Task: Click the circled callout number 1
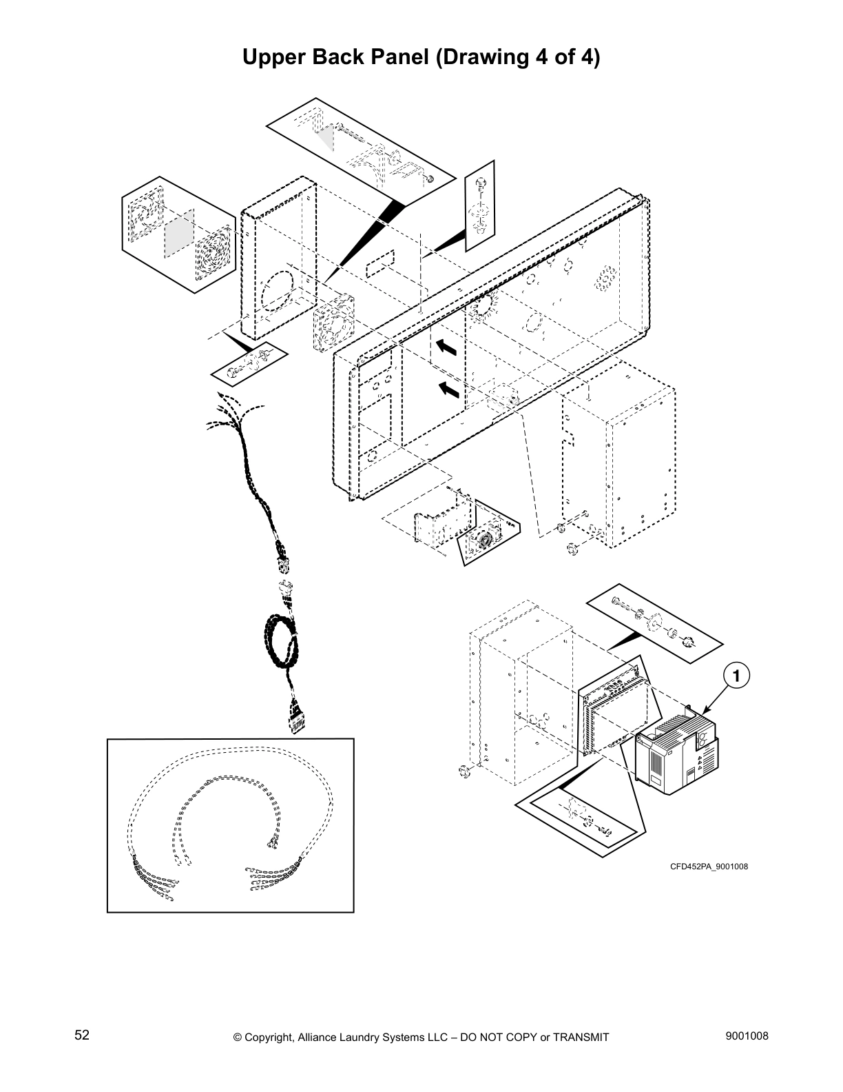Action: pos(736,676)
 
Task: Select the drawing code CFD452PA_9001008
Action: pos(709,867)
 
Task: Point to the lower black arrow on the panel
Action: pos(448,390)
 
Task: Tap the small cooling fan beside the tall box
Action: pos(333,321)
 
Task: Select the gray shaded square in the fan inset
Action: pos(178,232)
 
